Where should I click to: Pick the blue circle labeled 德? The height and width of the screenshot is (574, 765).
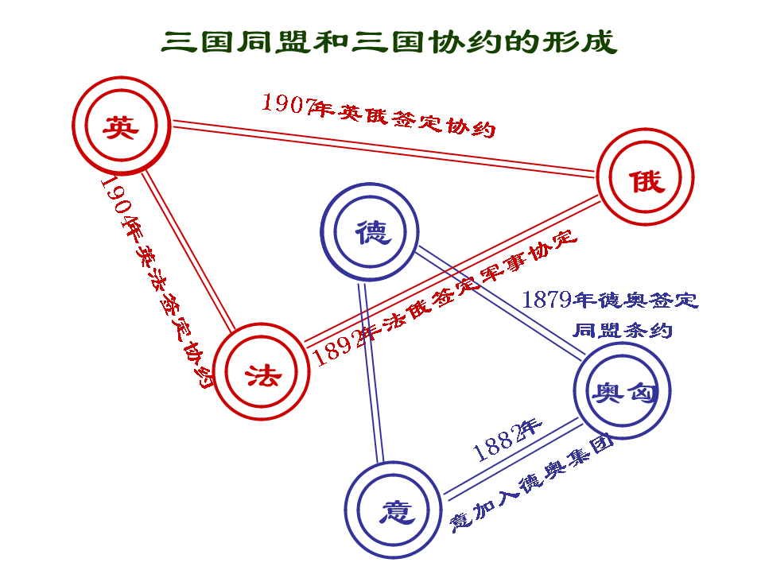coord(371,232)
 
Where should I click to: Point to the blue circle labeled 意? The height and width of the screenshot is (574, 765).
coord(394,510)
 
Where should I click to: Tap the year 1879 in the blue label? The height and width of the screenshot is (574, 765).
coord(547,300)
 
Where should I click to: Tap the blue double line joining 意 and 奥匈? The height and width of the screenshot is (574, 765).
coord(509,459)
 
